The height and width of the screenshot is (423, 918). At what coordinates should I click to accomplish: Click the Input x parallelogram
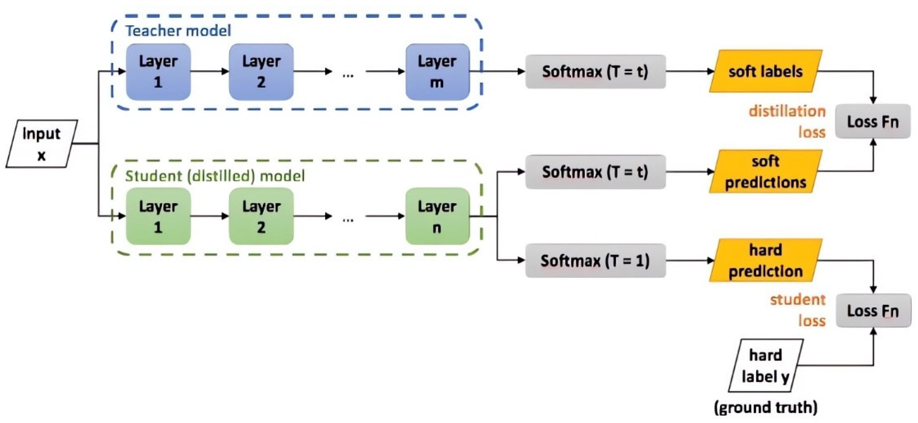(42, 144)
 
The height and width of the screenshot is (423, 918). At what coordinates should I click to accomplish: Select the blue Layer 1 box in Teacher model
(158, 72)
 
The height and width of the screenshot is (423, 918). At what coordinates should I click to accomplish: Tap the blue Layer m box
(437, 72)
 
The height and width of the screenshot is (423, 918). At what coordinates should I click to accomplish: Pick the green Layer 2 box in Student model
(261, 216)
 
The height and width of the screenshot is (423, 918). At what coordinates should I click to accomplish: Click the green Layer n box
(437, 216)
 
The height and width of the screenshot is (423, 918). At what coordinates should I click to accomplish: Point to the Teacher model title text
(178, 31)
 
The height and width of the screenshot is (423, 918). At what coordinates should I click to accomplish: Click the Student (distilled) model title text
(215, 176)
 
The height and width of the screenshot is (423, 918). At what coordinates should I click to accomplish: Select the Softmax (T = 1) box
(595, 260)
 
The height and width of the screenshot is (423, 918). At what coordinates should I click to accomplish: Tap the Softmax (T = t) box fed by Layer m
(595, 72)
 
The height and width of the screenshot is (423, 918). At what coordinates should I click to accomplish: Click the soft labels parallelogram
(765, 71)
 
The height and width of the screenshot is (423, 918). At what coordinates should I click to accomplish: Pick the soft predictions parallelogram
(765, 171)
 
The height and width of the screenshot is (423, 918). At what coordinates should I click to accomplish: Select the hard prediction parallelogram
(765, 260)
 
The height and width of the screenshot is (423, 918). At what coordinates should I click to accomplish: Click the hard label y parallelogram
(765, 366)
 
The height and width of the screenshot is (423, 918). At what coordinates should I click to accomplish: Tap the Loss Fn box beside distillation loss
(873, 122)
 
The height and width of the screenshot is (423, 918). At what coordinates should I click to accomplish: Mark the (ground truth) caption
(765, 407)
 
